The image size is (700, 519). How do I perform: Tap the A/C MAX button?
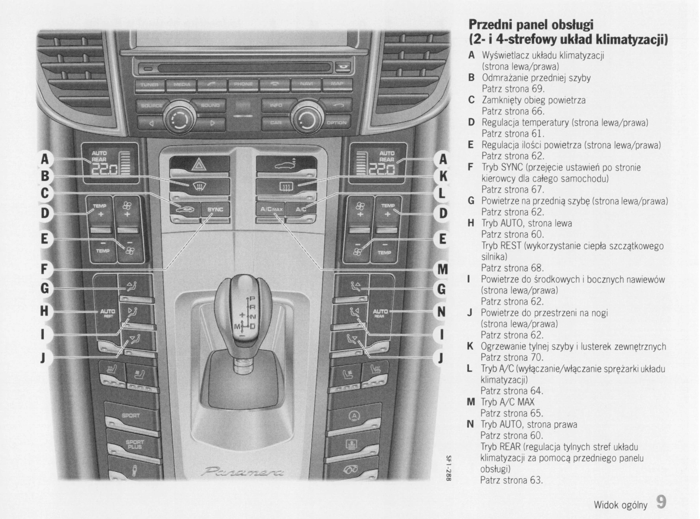coord(271,210)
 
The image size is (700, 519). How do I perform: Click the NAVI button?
coord(306,84)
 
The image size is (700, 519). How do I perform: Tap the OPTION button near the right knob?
coord(336,123)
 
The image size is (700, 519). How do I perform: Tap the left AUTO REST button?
coord(107,313)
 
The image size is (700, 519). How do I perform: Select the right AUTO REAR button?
coord(380,313)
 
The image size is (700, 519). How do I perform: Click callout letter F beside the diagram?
coord(44,269)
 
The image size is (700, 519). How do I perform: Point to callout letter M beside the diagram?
coord(443,270)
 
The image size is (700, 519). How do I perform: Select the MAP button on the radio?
coord(337,84)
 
